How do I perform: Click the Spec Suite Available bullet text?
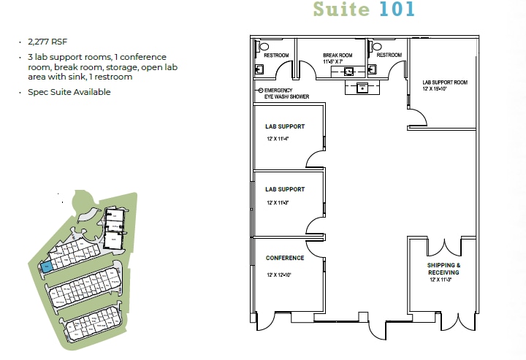point(69,92)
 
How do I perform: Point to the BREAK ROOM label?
point(338,55)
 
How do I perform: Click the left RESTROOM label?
point(275,55)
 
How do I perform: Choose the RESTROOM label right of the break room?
point(389,55)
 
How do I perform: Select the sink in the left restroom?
point(260,69)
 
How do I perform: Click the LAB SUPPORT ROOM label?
point(444,83)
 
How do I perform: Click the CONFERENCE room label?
point(285,258)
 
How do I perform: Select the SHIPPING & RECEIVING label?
point(443,268)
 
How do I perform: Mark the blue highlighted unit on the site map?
point(46,267)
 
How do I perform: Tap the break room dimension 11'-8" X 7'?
point(338,62)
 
